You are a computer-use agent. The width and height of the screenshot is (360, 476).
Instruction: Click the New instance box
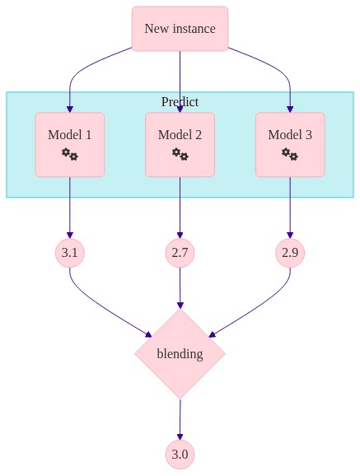pyautogui.click(x=180, y=29)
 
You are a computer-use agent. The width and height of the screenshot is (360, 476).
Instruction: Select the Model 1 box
pyautogui.click(x=70, y=145)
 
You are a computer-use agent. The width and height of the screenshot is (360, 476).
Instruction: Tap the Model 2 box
pyautogui.click(x=180, y=145)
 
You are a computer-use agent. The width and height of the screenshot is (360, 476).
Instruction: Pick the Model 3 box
pyautogui.click(x=290, y=145)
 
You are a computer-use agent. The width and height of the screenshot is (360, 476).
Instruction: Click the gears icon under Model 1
pyautogui.click(x=70, y=154)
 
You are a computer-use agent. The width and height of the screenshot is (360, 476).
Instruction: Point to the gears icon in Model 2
pyautogui.click(x=180, y=154)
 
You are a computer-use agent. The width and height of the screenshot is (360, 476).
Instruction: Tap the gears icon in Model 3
pyautogui.click(x=290, y=154)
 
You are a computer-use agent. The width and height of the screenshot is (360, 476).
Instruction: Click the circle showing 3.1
pyautogui.click(x=70, y=253)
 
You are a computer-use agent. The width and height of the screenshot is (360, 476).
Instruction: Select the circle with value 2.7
pyautogui.click(x=180, y=253)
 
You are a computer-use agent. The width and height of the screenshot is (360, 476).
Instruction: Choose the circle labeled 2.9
pyautogui.click(x=290, y=253)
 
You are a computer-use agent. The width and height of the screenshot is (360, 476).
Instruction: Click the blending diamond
pyautogui.click(x=180, y=354)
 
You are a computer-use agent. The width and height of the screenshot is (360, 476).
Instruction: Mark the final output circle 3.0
pyautogui.click(x=180, y=455)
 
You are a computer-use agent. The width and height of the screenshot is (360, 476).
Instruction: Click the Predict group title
pyautogui.click(x=180, y=101)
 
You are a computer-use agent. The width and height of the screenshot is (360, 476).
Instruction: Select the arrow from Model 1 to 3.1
pyautogui.click(x=70, y=208)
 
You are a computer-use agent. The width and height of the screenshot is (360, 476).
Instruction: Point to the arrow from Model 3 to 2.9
pyautogui.click(x=290, y=208)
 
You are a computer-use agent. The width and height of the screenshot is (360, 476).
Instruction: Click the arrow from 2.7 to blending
pyautogui.click(x=180, y=288)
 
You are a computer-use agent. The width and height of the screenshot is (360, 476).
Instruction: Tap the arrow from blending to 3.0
pyautogui.click(x=180, y=419)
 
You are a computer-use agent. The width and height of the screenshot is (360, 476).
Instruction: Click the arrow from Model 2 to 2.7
pyautogui.click(x=180, y=208)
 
